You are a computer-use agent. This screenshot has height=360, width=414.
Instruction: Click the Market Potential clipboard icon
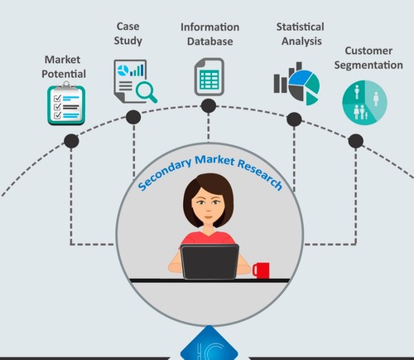pos(66,104)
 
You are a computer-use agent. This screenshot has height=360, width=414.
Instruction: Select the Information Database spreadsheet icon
pos(209,77)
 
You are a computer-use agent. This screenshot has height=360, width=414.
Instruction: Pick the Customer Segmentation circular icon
pos(364,103)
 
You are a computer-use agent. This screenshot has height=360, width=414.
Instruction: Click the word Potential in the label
pos(64,74)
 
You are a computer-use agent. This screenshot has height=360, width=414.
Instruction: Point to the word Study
pos(128,41)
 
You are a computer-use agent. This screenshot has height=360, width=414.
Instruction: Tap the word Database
pos(210,41)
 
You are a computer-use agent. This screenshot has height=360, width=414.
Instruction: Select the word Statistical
pos(301,27)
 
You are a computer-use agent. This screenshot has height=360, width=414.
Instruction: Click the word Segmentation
pos(368,66)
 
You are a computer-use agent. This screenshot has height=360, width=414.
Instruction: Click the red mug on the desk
pos(261,270)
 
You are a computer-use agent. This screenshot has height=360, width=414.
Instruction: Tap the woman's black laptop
pos(209,261)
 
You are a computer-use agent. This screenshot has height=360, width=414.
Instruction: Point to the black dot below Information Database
pos(209,106)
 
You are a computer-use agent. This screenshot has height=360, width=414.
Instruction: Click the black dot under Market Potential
pos(71,141)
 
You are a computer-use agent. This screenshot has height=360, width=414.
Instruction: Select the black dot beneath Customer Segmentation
pos(356,141)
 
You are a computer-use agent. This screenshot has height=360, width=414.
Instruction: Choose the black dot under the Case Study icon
pos(133,117)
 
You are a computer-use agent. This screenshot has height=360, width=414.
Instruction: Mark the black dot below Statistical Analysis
pos(294,119)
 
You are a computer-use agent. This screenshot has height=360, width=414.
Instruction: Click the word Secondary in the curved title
pos(164,175)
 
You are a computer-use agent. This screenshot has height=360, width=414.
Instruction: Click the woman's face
pos(209,204)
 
